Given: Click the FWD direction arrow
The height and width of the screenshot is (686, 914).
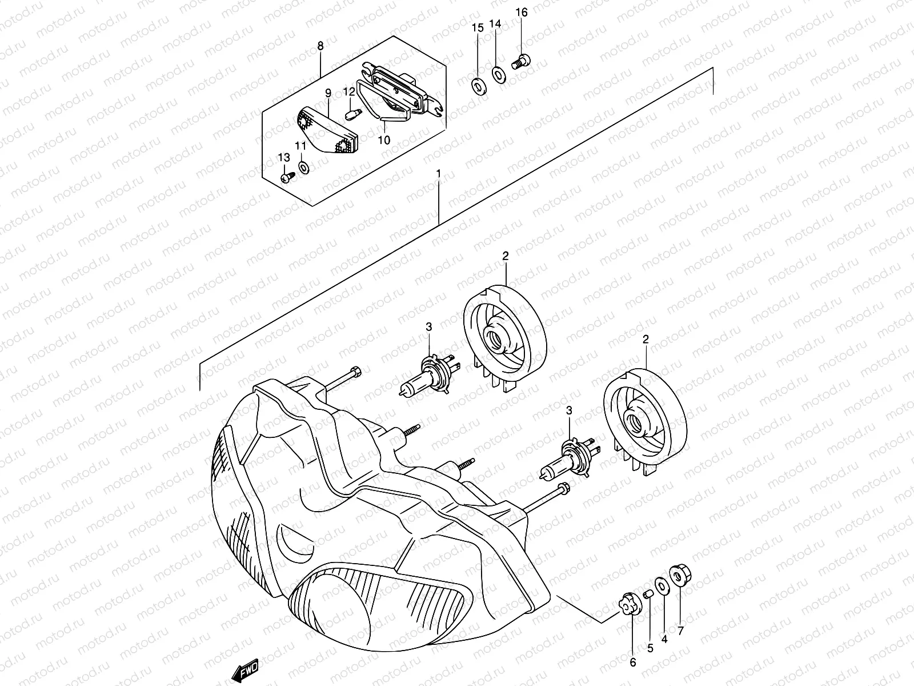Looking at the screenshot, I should coord(246,669).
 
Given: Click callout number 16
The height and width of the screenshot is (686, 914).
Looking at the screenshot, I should coord(522,12).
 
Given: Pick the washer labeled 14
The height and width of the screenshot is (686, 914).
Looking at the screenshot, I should coord(498,74).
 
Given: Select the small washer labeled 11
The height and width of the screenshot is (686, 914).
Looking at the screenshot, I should coord(304,166).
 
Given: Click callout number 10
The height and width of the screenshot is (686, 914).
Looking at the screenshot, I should coord(384,139).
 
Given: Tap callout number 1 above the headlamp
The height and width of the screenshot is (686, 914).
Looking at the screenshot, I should coord(438,172).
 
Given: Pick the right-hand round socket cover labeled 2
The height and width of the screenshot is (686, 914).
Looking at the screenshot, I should coord(646,421).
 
